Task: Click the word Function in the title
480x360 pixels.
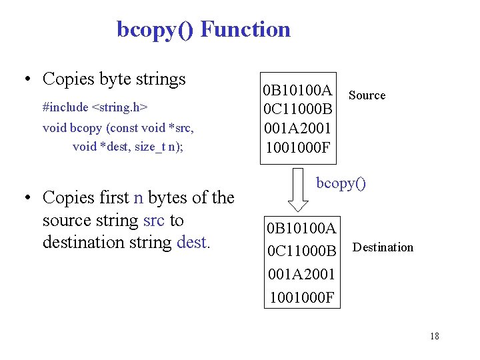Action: (x=245, y=29)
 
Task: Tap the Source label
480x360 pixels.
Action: (x=367, y=95)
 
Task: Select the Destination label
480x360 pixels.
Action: (x=383, y=247)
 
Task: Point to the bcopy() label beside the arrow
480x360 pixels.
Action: (x=341, y=183)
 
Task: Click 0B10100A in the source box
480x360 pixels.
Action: (x=297, y=90)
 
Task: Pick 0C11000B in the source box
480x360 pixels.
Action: (x=297, y=109)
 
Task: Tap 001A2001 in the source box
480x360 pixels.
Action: (x=297, y=127)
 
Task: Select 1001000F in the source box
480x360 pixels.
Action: (x=297, y=146)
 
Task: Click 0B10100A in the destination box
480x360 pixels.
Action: (x=301, y=229)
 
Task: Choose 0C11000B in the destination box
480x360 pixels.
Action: (x=301, y=251)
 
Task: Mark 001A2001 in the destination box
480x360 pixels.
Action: (x=301, y=274)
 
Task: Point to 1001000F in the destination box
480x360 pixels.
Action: (x=301, y=297)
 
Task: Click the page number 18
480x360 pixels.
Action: (x=435, y=336)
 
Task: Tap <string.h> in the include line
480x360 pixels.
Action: (x=119, y=107)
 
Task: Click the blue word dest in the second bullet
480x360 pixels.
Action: (x=191, y=242)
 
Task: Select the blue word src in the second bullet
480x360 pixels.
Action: (x=153, y=220)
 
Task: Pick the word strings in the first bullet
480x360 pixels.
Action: (x=160, y=79)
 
